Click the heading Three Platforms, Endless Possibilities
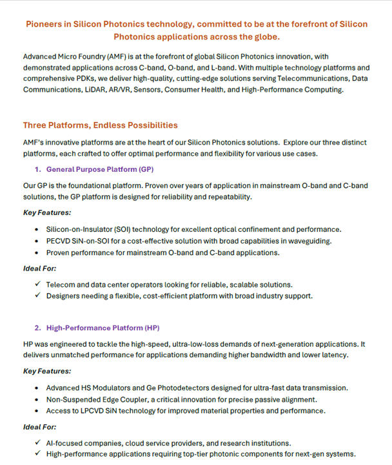100,125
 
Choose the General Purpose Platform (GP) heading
100,169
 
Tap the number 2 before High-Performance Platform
37,327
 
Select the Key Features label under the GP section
47,212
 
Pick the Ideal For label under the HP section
39,426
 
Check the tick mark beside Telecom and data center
39,284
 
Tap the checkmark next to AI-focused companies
39,442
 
